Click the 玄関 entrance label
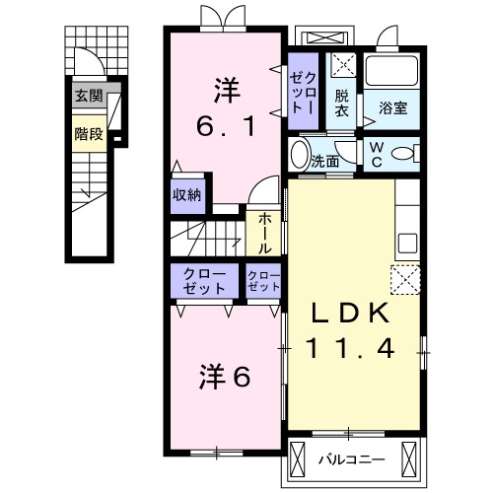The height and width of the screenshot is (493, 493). pyautogui.click(x=88, y=97)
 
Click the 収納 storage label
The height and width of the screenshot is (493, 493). pyautogui.click(x=187, y=194)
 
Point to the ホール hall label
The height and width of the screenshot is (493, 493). pyautogui.click(x=265, y=235)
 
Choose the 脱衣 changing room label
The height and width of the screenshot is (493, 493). pyautogui.click(x=341, y=103)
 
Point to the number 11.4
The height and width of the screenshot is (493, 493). pyautogui.click(x=353, y=347)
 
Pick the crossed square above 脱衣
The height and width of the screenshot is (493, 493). pyautogui.click(x=343, y=66)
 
